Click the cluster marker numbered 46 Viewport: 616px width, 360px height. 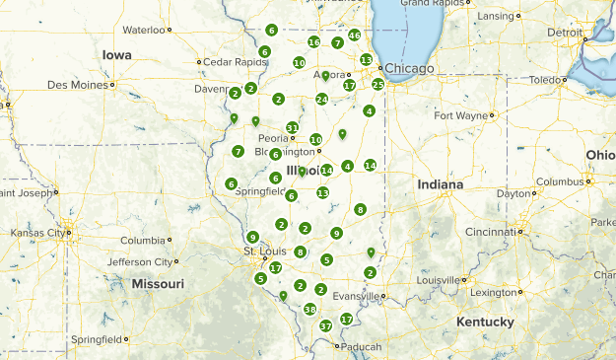354,36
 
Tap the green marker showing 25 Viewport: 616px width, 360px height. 377,85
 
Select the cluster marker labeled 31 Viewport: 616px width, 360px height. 292,128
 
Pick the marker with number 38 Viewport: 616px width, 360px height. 309,310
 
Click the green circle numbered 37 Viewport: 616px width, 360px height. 325,326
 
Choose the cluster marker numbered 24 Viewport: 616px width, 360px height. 321,99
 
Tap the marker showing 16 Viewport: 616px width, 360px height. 313,42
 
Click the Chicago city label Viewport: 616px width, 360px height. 408,68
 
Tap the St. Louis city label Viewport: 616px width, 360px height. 263,252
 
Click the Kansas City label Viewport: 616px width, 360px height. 34,233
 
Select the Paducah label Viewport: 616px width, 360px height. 362,346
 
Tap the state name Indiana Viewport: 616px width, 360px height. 439,184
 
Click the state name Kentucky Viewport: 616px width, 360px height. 485,323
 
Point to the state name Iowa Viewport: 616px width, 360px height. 116,55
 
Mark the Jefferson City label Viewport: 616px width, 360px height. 139,261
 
